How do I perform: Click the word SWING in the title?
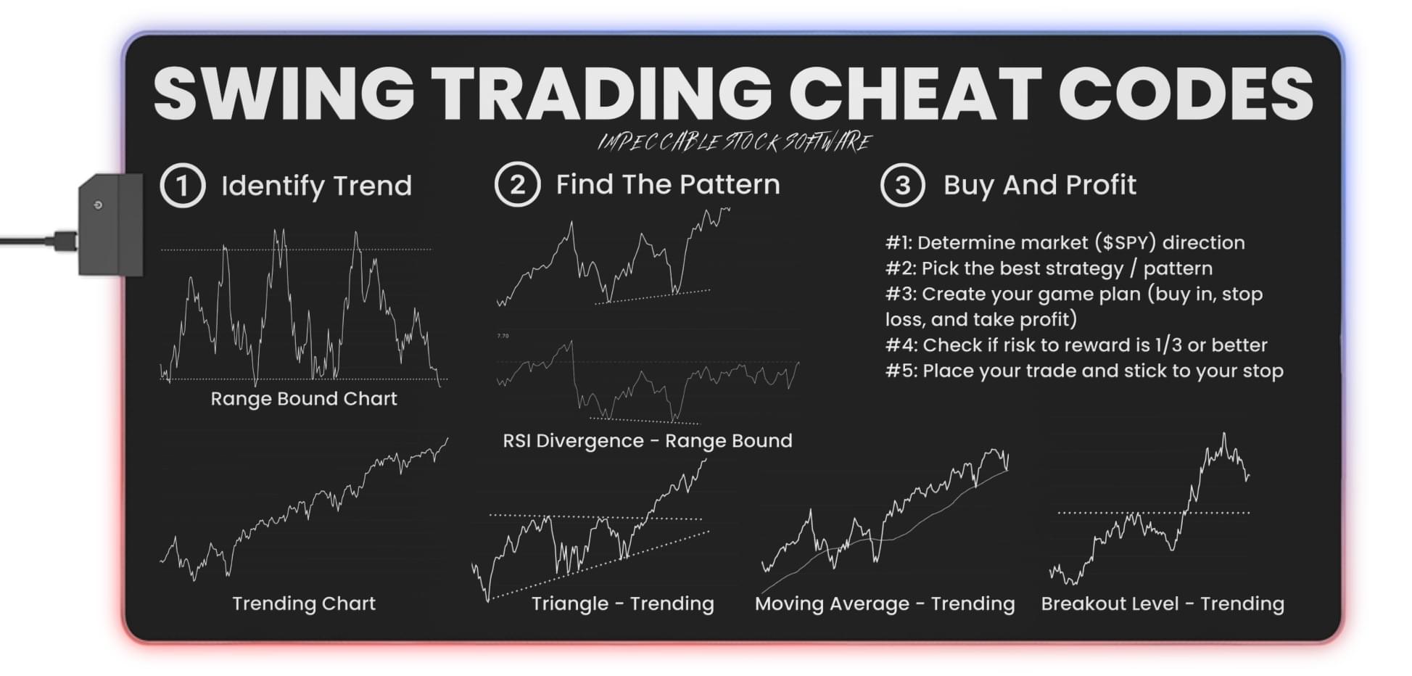[284, 93]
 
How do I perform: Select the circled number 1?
[182, 186]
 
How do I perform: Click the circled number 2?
[517, 184]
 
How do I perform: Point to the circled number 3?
[902, 185]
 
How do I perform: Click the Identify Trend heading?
[316, 186]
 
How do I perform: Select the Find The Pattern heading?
[668, 184]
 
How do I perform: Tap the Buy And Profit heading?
[1039, 185]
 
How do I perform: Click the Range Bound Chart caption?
[304, 398]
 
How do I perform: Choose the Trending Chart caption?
[304, 603]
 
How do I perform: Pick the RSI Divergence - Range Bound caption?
[648, 440]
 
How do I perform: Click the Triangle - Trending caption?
[623, 603]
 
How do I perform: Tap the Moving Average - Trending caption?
[885, 603]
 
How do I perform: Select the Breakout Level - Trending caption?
[1163, 603]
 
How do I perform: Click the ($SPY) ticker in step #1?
[1125, 242]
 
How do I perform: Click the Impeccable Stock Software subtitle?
[734, 141]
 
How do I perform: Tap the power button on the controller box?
[98, 205]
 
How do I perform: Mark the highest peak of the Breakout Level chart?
[1224, 434]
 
